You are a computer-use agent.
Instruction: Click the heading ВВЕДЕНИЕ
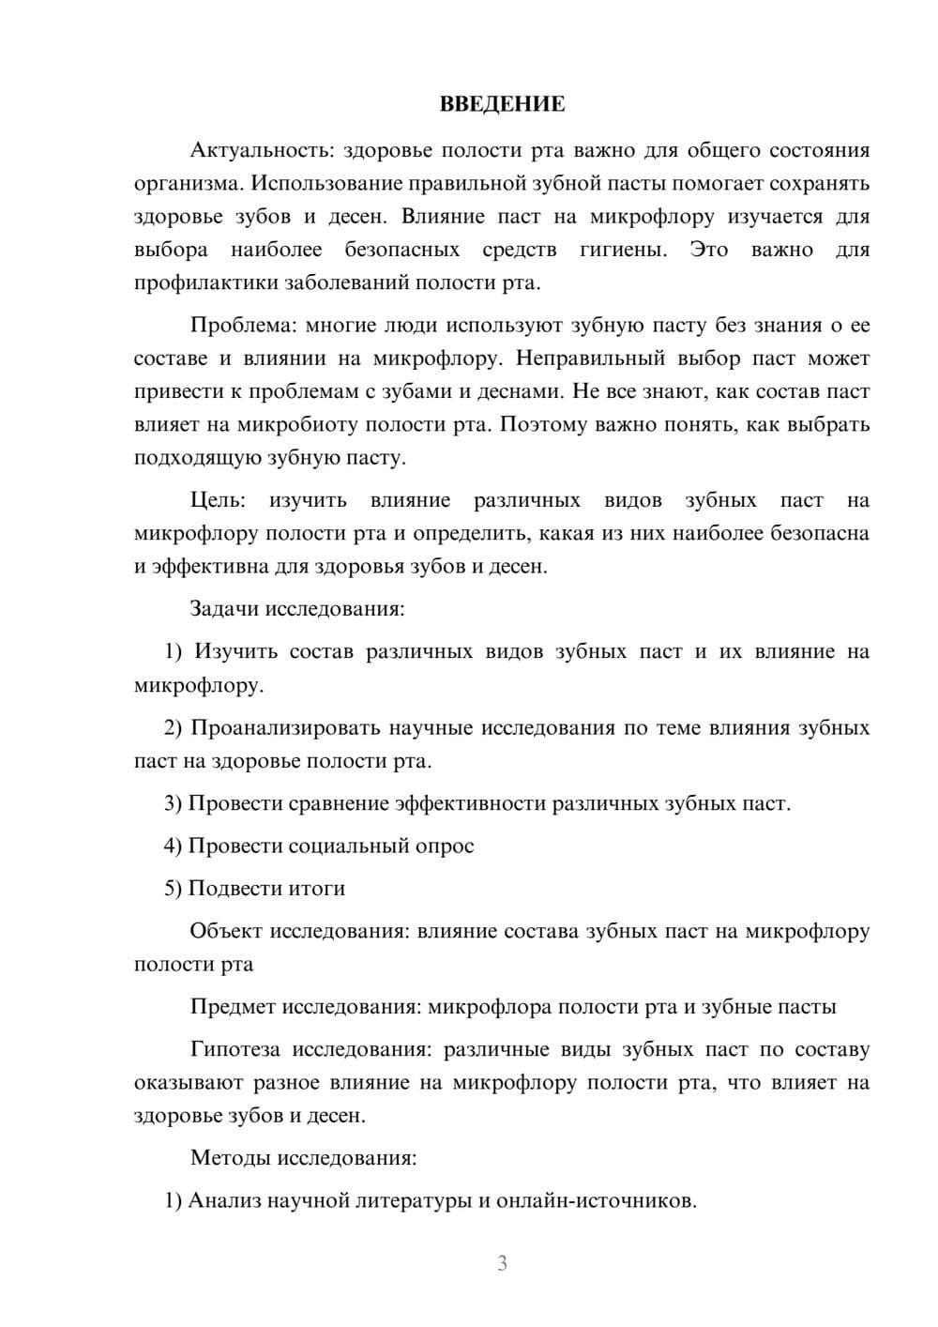502,104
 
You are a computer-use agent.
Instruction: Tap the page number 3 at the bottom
502,1263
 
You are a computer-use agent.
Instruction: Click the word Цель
217,500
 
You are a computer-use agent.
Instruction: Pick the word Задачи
224,608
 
